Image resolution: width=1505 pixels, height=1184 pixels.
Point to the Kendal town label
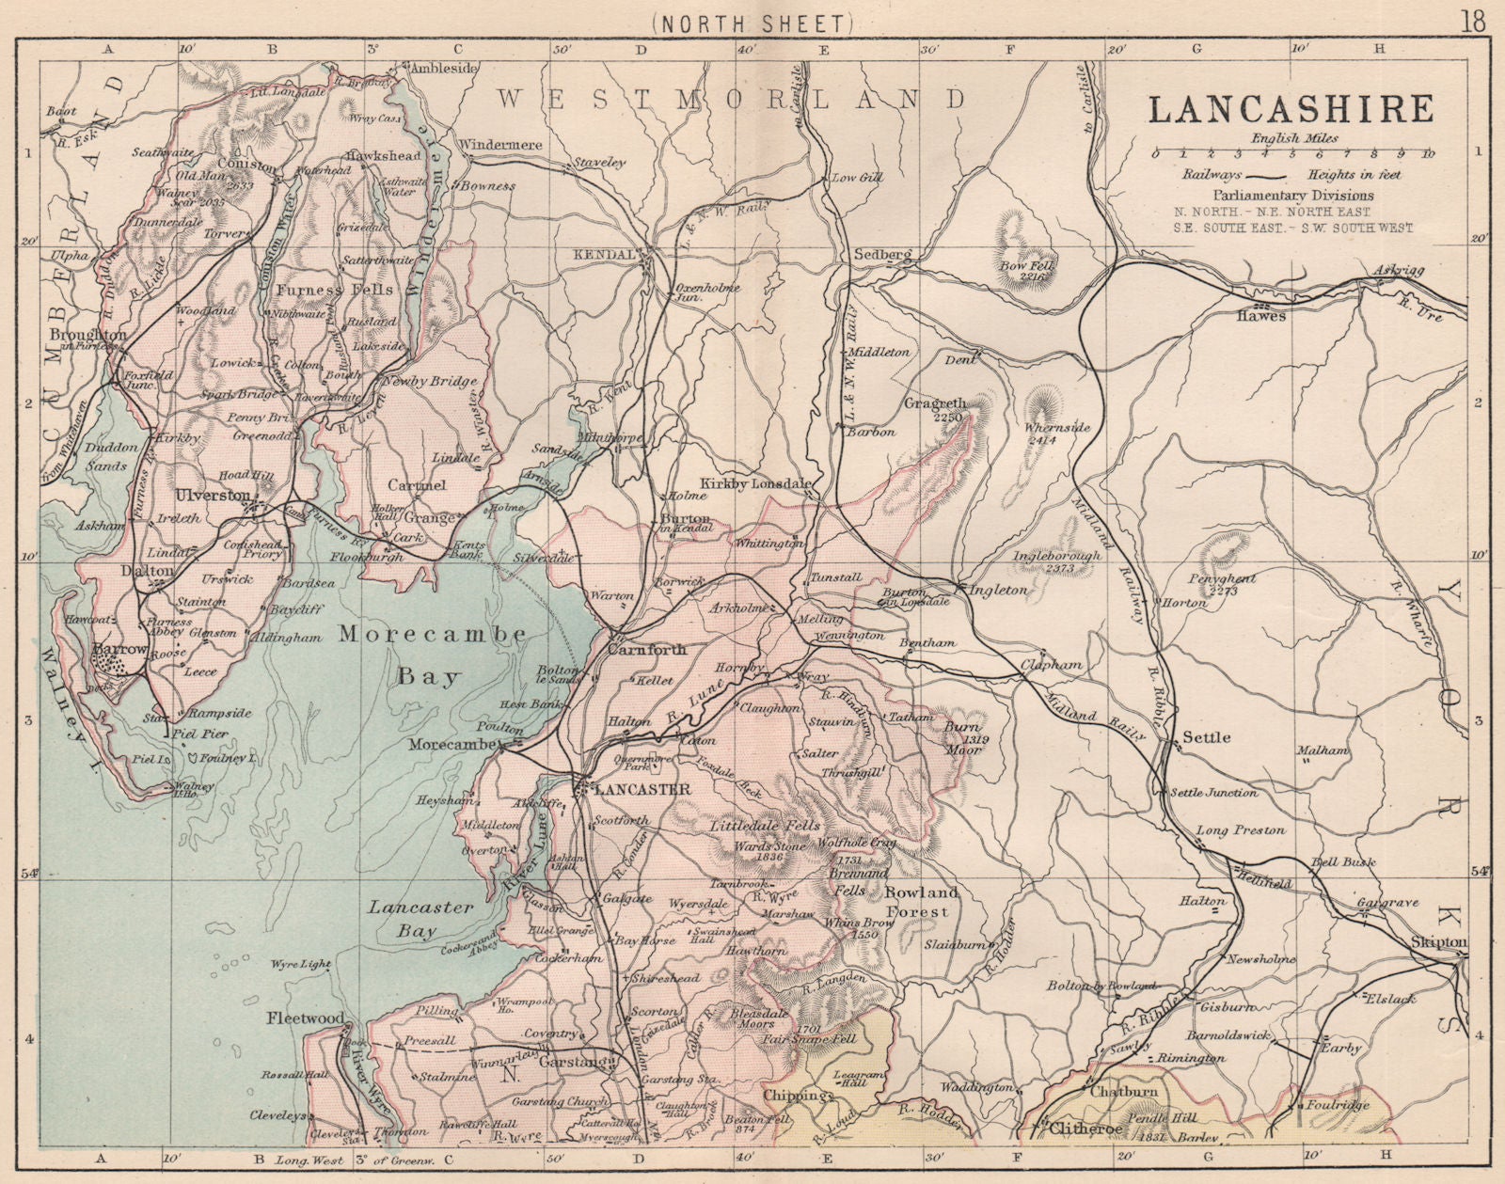[x=611, y=256]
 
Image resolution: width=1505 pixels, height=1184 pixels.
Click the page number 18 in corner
[x=1473, y=21]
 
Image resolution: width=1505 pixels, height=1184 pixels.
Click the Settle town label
[x=1207, y=737]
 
